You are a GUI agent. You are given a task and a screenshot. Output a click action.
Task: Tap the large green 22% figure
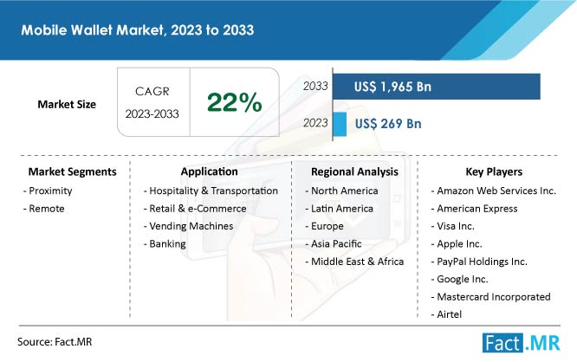tap(234, 103)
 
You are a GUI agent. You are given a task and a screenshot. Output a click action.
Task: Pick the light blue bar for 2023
tap(339, 124)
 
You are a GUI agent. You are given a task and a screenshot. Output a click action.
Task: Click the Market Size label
tap(67, 104)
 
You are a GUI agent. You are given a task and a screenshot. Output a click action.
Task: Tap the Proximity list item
tap(49, 191)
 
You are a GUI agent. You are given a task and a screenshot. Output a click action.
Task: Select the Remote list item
tap(45, 208)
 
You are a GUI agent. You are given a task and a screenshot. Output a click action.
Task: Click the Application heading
tap(210, 171)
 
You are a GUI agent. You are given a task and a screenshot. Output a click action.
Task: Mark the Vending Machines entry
tap(188, 226)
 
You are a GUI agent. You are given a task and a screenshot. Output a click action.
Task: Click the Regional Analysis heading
tap(354, 171)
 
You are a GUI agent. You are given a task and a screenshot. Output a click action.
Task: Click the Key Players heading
tap(492, 171)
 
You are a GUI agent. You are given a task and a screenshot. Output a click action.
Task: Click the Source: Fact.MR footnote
tap(55, 343)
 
